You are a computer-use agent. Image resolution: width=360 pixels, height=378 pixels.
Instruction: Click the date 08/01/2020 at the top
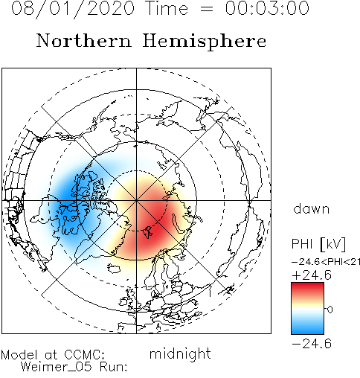(x=73, y=8)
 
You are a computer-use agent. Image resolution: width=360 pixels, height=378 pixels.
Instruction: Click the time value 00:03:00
(x=267, y=8)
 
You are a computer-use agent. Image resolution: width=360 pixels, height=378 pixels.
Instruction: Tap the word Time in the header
(x=167, y=8)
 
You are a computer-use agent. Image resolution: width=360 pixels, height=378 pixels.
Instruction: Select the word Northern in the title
(x=84, y=40)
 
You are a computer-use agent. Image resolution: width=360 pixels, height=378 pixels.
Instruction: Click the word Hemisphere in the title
(x=205, y=42)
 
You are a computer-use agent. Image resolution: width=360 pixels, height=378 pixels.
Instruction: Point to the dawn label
(x=312, y=208)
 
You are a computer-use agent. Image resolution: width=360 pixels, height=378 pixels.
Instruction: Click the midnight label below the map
(x=180, y=354)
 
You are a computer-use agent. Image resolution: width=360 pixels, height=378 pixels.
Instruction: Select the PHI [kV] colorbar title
(x=318, y=244)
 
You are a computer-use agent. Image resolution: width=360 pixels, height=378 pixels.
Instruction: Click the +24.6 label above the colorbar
(x=312, y=275)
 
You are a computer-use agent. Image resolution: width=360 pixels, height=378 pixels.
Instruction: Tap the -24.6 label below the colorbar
(x=312, y=344)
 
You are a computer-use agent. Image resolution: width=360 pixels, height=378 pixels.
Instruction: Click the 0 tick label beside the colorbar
(x=330, y=310)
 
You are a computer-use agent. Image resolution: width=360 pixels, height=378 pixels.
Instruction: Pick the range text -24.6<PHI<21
(x=326, y=262)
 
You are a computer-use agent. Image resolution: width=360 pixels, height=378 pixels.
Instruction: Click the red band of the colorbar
(x=307, y=289)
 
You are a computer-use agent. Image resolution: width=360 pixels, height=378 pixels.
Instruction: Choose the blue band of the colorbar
(x=307, y=327)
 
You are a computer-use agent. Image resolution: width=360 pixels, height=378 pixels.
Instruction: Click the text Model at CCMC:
(x=53, y=355)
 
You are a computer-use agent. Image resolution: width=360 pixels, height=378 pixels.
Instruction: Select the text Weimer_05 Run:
(x=74, y=367)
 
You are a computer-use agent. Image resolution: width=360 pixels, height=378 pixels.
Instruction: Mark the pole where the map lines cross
(x=136, y=200)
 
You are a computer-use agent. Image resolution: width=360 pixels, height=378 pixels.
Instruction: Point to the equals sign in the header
(x=206, y=9)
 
